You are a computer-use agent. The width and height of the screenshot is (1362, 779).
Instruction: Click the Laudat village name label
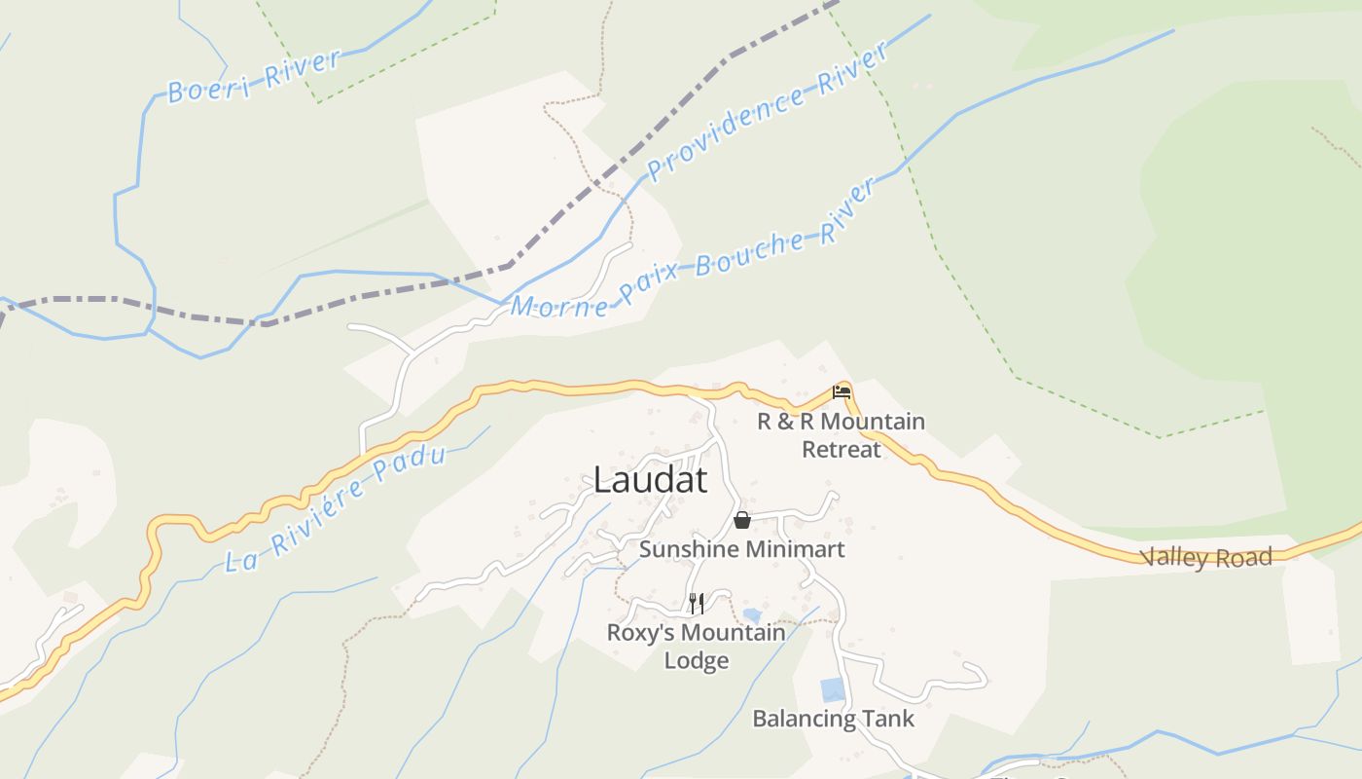(x=650, y=480)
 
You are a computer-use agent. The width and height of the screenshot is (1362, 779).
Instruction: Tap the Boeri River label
(x=254, y=76)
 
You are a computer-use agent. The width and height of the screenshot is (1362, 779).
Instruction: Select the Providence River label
(x=768, y=111)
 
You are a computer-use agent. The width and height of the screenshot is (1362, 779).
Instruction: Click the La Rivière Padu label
(x=336, y=509)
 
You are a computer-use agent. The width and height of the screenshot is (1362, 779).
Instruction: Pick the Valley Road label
(x=1206, y=558)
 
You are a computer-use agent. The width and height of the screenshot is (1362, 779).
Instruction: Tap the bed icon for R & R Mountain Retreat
(x=842, y=392)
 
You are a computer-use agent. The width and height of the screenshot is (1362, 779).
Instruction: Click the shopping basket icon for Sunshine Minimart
(x=742, y=520)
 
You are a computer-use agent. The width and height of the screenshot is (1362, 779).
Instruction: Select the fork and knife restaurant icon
(x=696, y=604)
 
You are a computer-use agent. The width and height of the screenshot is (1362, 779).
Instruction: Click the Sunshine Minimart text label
(x=742, y=549)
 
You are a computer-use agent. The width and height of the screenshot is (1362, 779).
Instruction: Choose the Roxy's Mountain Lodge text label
(x=697, y=647)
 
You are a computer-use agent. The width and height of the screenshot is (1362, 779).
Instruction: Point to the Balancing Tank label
(x=834, y=720)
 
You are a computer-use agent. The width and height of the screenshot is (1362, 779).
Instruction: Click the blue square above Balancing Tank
(x=833, y=689)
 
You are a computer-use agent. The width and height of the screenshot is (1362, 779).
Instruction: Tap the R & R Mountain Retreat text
(x=842, y=435)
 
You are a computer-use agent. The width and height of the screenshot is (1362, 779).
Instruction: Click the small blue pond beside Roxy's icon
(x=751, y=615)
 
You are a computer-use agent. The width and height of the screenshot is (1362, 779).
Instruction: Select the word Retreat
(x=842, y=450)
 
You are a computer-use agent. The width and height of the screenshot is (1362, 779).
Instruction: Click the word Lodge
(x=697, y=661)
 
